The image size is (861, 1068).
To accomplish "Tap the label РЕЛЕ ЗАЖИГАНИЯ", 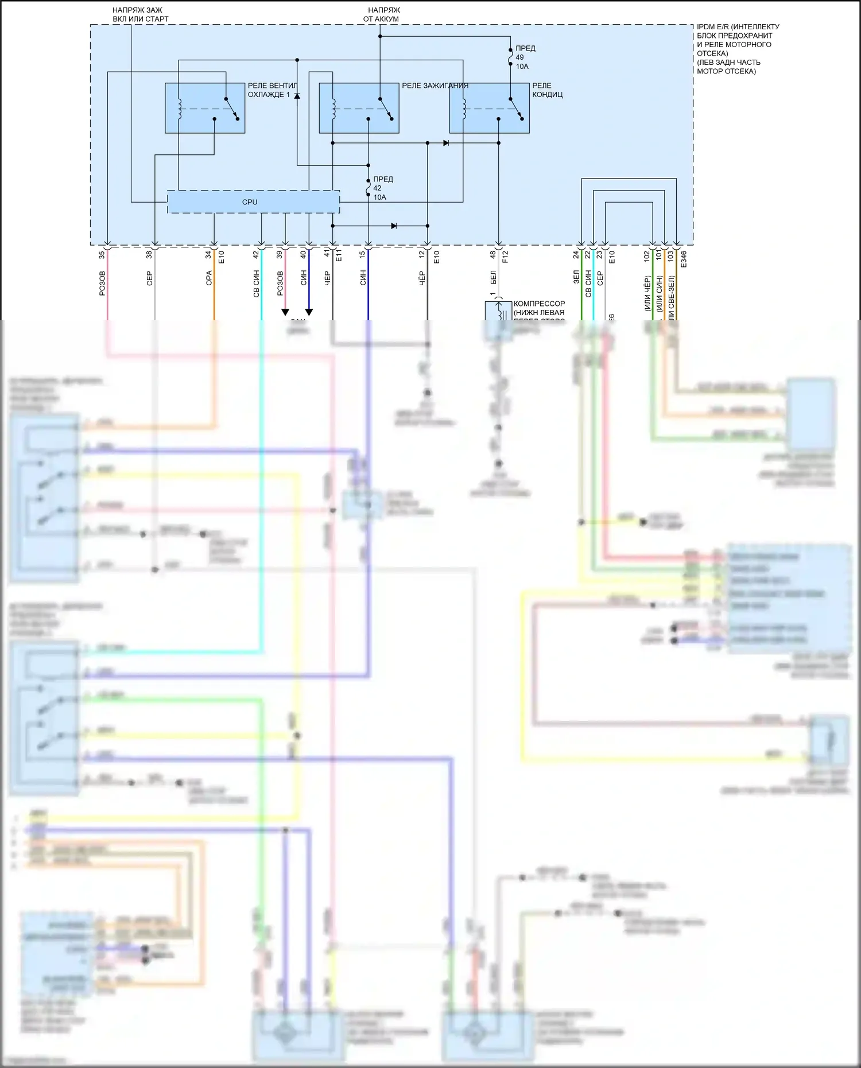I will pos(435,86).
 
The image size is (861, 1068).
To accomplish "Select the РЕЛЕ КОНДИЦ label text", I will pos(546,90).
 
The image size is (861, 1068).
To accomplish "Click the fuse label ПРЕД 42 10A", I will pos(382,188).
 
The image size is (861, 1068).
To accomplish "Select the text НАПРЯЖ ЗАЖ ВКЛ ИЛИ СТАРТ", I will pos(140,14).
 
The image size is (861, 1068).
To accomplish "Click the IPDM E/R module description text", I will pos(737,49).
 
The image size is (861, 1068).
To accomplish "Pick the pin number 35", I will pos(102,255).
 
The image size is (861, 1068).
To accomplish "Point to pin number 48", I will pos(493,254).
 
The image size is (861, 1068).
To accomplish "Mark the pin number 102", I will pos(647,256).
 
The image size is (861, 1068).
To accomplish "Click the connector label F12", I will pos(505,257).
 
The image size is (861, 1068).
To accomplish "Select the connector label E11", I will pos(339,256).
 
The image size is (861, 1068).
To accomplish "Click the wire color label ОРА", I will pos(209,278).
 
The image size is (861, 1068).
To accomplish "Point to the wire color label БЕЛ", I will pos(493,278).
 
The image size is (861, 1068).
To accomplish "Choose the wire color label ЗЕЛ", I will pos(576,277).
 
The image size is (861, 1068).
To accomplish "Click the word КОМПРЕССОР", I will pos(539,304).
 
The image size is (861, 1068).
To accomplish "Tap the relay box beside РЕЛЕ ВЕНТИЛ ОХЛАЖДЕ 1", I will pos(205,108).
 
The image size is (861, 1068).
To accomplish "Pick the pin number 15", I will pos(363,254).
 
